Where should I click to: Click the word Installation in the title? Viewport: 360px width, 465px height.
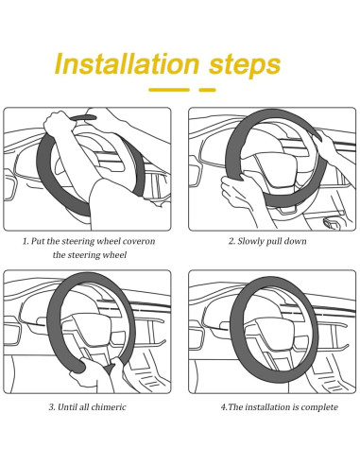(127, 63)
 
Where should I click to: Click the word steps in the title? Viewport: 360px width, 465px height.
(245, 66)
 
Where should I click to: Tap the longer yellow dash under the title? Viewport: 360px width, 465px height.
(169, 90)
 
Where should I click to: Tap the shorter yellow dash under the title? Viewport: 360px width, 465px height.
(207, 90)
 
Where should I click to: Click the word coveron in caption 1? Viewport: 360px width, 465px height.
(139, 241)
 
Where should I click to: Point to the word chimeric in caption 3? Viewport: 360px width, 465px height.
(109, 407)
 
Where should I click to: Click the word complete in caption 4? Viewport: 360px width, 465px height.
(319, 407)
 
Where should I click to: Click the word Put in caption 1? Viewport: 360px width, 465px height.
(38, 241)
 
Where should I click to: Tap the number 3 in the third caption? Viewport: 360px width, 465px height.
(51, 407)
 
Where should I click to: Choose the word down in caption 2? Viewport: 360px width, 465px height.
(295, 241)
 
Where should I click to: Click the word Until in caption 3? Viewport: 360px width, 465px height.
(67, 407)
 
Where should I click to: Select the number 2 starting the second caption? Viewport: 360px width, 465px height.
(231, 242)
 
